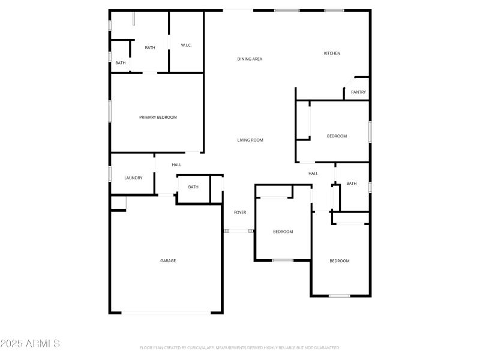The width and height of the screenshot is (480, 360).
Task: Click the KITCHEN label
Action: pos(332,53)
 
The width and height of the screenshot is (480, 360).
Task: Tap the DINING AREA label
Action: pos(250,59)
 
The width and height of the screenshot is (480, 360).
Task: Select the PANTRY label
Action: pos(358,92)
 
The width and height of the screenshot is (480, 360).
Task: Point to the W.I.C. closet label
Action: pos(186,46)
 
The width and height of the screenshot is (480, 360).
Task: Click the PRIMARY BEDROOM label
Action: pos(158,118)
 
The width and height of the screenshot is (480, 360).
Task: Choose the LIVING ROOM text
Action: pos(250,140)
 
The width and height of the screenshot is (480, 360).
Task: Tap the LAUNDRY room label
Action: pos(133,178)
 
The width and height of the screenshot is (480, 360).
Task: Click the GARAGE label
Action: pos(168,261)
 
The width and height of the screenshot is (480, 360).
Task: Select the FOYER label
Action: pos(240,212)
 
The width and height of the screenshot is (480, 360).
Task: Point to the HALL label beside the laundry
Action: pos(176,165)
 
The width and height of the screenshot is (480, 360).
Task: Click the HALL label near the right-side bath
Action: pos(313,174)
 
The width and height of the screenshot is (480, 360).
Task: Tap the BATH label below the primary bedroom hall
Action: pos(193,187)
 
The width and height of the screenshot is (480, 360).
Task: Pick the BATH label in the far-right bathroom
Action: pos(352,184)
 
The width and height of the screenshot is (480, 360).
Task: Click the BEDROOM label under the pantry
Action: pos(337,136)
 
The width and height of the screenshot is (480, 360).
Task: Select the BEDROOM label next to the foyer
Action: pos(283,232)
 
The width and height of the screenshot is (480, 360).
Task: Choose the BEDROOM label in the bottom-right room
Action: pos(339,261)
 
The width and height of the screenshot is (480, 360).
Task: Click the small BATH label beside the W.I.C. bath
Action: pos(121,63)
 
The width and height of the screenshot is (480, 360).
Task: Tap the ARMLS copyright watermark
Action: pos(30,344)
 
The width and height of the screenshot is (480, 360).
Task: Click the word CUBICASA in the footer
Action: pos(200,348)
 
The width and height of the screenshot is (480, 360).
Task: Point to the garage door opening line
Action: pos(166,313)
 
